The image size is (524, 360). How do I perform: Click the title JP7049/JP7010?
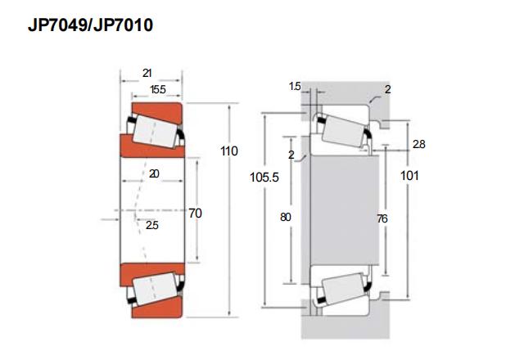[x=90, y=25]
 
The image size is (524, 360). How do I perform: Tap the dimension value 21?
[x=147, y=73]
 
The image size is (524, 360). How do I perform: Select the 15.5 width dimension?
[x=158, y=89]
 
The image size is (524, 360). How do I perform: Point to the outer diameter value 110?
[x=229, y=151]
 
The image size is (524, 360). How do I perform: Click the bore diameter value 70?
[x=195, y=213]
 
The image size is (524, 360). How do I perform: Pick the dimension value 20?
[x=154, y=173]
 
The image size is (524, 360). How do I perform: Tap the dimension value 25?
[x=151, y=225]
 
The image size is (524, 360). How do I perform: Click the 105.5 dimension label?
[x=264, y=178]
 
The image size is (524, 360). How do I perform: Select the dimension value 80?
[x=286, y=217]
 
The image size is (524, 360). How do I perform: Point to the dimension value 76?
[x=382, y=218]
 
